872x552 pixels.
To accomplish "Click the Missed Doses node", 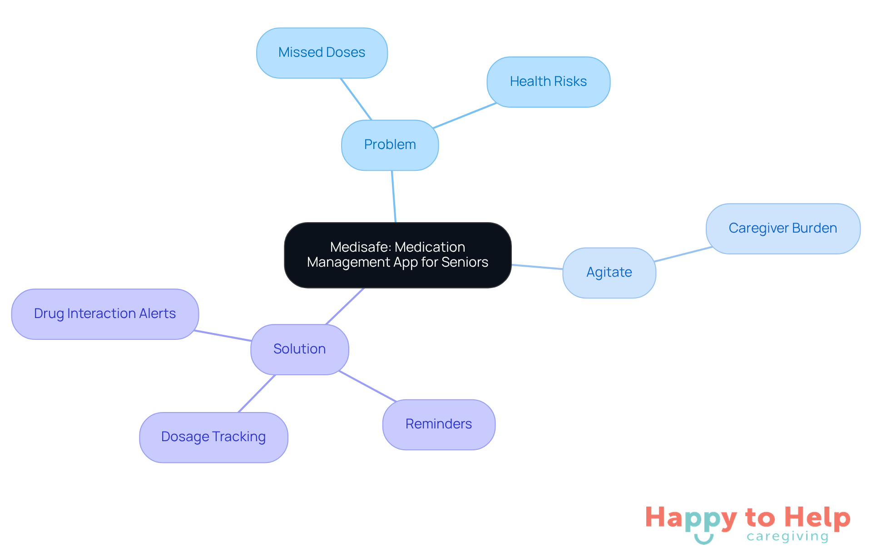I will [322, 53].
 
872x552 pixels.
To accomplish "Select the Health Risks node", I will [548, 82].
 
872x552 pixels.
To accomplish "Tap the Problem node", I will [390, 145].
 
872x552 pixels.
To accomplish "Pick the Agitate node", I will [609, 273].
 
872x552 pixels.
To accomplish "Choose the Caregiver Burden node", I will [783, 229].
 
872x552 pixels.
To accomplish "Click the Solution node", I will [299, 349].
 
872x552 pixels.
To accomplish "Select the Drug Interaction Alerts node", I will [105, 314].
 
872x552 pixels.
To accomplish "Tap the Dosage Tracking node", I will [213, 437].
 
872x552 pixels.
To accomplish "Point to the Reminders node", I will [438, 424].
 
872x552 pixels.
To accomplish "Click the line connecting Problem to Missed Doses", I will [356, 99].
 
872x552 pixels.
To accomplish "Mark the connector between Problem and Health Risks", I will [465, 115].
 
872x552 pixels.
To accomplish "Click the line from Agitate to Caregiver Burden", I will [683, 254].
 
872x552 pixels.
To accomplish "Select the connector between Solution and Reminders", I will [367, 386].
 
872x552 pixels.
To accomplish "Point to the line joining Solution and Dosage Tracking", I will [257, 393].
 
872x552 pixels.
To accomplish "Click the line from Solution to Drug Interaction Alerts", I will [223, 336].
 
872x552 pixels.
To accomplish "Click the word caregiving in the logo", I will [788, 537].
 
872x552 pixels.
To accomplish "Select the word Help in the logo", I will [817, 517].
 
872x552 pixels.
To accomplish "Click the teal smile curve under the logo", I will [704, 540].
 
